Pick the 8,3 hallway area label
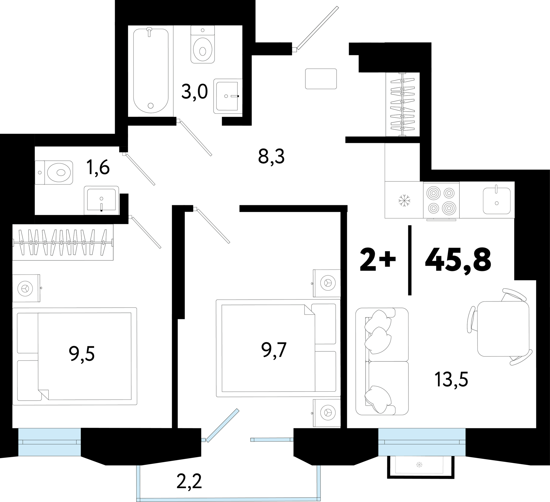coord(272,157)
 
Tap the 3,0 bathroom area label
coord(195,92)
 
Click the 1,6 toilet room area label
coord(98,167)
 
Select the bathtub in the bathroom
coord(151,70)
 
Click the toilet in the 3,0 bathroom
coord(203,44)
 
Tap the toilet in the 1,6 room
coord(54,173)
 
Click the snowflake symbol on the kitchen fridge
coord(404,200)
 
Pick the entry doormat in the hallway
coord(321,79)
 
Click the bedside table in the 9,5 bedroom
coord(27,288)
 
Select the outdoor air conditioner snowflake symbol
coord(419,464)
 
